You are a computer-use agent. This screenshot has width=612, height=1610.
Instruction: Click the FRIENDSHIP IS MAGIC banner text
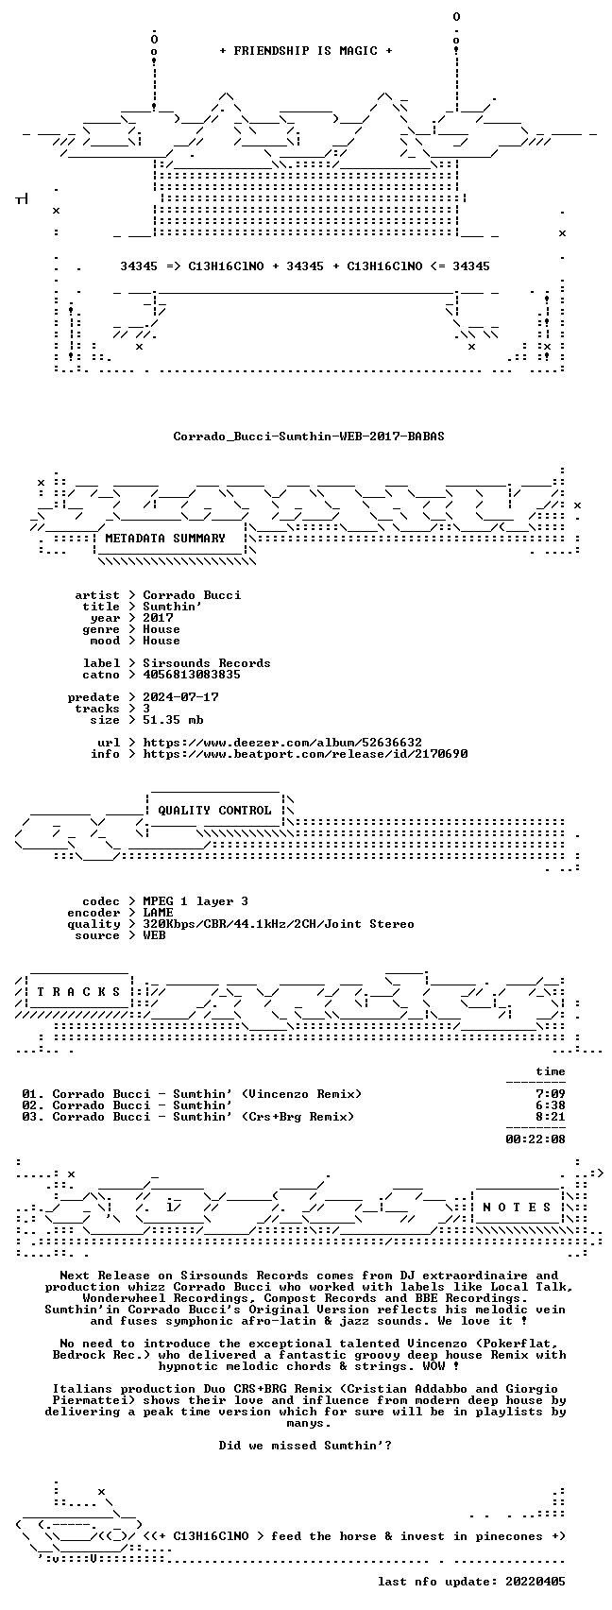point(305,51)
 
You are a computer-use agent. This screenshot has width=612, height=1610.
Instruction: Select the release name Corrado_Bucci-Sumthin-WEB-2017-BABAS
point(309,437)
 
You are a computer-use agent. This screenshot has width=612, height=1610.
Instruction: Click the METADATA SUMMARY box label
point(165,539)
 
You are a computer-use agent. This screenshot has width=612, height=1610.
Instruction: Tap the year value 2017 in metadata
point(158,618)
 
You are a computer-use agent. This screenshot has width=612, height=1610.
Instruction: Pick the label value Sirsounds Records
point(207,663)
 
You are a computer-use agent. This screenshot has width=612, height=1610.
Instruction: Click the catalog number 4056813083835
point(192,675)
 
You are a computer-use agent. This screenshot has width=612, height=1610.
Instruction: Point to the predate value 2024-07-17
point(181,697)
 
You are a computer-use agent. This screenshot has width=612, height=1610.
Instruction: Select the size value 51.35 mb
point(173,720)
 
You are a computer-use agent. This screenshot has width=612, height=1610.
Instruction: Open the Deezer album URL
point(282,743)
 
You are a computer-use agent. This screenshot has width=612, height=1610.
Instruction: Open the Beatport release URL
point(305,754)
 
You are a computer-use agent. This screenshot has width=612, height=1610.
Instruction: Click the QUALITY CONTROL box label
point(214,811)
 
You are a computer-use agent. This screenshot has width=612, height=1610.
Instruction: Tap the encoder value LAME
point(158,913)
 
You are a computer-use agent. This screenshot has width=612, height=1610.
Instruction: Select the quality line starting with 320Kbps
point(279,924)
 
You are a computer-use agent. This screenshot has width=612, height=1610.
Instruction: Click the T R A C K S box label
point(79,992)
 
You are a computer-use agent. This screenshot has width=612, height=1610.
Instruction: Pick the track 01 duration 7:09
point(551,1095)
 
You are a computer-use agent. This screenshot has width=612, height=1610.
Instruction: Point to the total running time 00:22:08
point(535,1139)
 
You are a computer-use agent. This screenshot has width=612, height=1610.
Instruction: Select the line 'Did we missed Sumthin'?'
point(305,1446)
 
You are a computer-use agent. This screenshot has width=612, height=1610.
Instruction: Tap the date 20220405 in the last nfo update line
point(535,1582)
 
